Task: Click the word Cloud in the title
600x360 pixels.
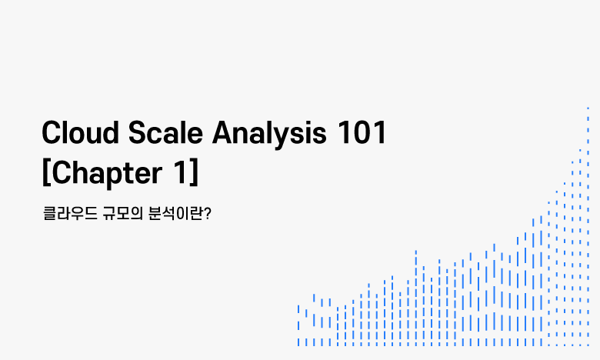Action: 80,132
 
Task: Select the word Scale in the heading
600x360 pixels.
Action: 165,132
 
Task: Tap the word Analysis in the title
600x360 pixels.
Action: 269,135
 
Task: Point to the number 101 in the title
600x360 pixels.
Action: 362,133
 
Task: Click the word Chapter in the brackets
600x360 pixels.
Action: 107,174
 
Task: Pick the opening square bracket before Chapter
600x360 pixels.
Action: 46,172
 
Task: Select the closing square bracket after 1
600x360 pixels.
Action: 195,172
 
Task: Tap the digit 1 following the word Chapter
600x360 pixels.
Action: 180,172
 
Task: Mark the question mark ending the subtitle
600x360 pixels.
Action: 207,214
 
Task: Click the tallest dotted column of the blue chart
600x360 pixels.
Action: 588,227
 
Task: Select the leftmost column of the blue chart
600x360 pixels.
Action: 298,325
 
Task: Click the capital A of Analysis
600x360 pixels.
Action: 223,133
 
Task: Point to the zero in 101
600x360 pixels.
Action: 362,133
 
